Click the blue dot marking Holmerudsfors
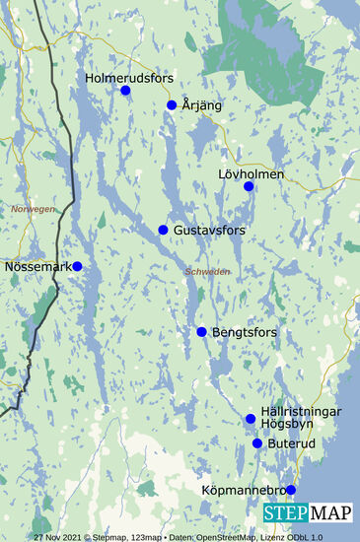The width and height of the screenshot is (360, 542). pos(125,91)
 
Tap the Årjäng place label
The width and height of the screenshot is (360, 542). pos(202,104)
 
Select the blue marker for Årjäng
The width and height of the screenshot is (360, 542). pos(172,104)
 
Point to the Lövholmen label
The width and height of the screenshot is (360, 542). pos(251,174)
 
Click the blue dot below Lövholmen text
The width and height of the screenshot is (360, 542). pos(249,186)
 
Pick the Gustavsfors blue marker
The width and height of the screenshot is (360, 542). pos(163,230)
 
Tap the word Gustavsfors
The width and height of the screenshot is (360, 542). pos(209,230)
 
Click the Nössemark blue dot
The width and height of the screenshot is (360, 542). pos(77,266)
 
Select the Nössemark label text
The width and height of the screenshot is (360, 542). pos(35,266)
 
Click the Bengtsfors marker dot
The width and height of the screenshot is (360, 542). pos(201,332)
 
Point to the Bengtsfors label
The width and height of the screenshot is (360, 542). pos(245,332)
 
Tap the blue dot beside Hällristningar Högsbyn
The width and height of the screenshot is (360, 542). pos(251,419)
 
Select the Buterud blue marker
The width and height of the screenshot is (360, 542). pos(257,443)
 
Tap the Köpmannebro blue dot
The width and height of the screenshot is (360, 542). pos(291,490)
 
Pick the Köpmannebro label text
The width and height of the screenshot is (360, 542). pos(250,490)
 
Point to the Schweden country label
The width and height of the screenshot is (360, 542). pos(207,271)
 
